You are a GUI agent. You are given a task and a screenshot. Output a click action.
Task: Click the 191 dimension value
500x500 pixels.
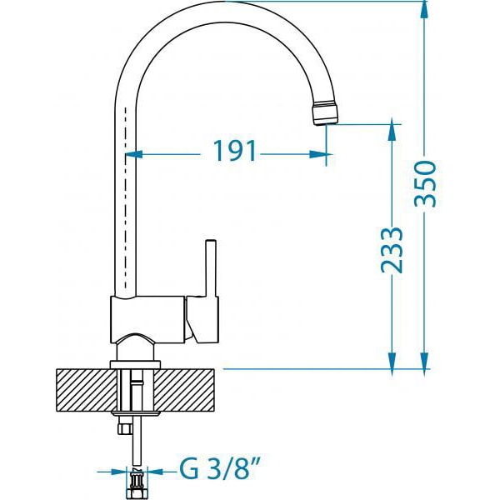pos(235,151)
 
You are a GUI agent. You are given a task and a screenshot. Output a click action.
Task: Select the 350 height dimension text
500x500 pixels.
pos(425,183)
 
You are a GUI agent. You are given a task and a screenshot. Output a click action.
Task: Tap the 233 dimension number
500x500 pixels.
pos(392,250)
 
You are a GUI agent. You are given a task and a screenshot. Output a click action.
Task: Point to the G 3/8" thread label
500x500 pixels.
pos(217,468)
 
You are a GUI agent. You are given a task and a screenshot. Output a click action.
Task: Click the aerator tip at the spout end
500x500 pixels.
pos(325,113)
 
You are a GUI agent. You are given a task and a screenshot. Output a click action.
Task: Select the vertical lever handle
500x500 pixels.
pos(211,267)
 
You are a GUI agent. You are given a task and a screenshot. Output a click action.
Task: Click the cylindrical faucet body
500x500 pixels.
pos(147,320)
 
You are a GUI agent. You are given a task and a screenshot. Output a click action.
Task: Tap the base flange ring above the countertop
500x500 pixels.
pos(135,365)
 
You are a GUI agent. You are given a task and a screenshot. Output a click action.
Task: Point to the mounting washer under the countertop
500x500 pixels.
pos(136,413)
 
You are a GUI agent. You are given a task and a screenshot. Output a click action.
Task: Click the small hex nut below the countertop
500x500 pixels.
pos(124,428)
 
